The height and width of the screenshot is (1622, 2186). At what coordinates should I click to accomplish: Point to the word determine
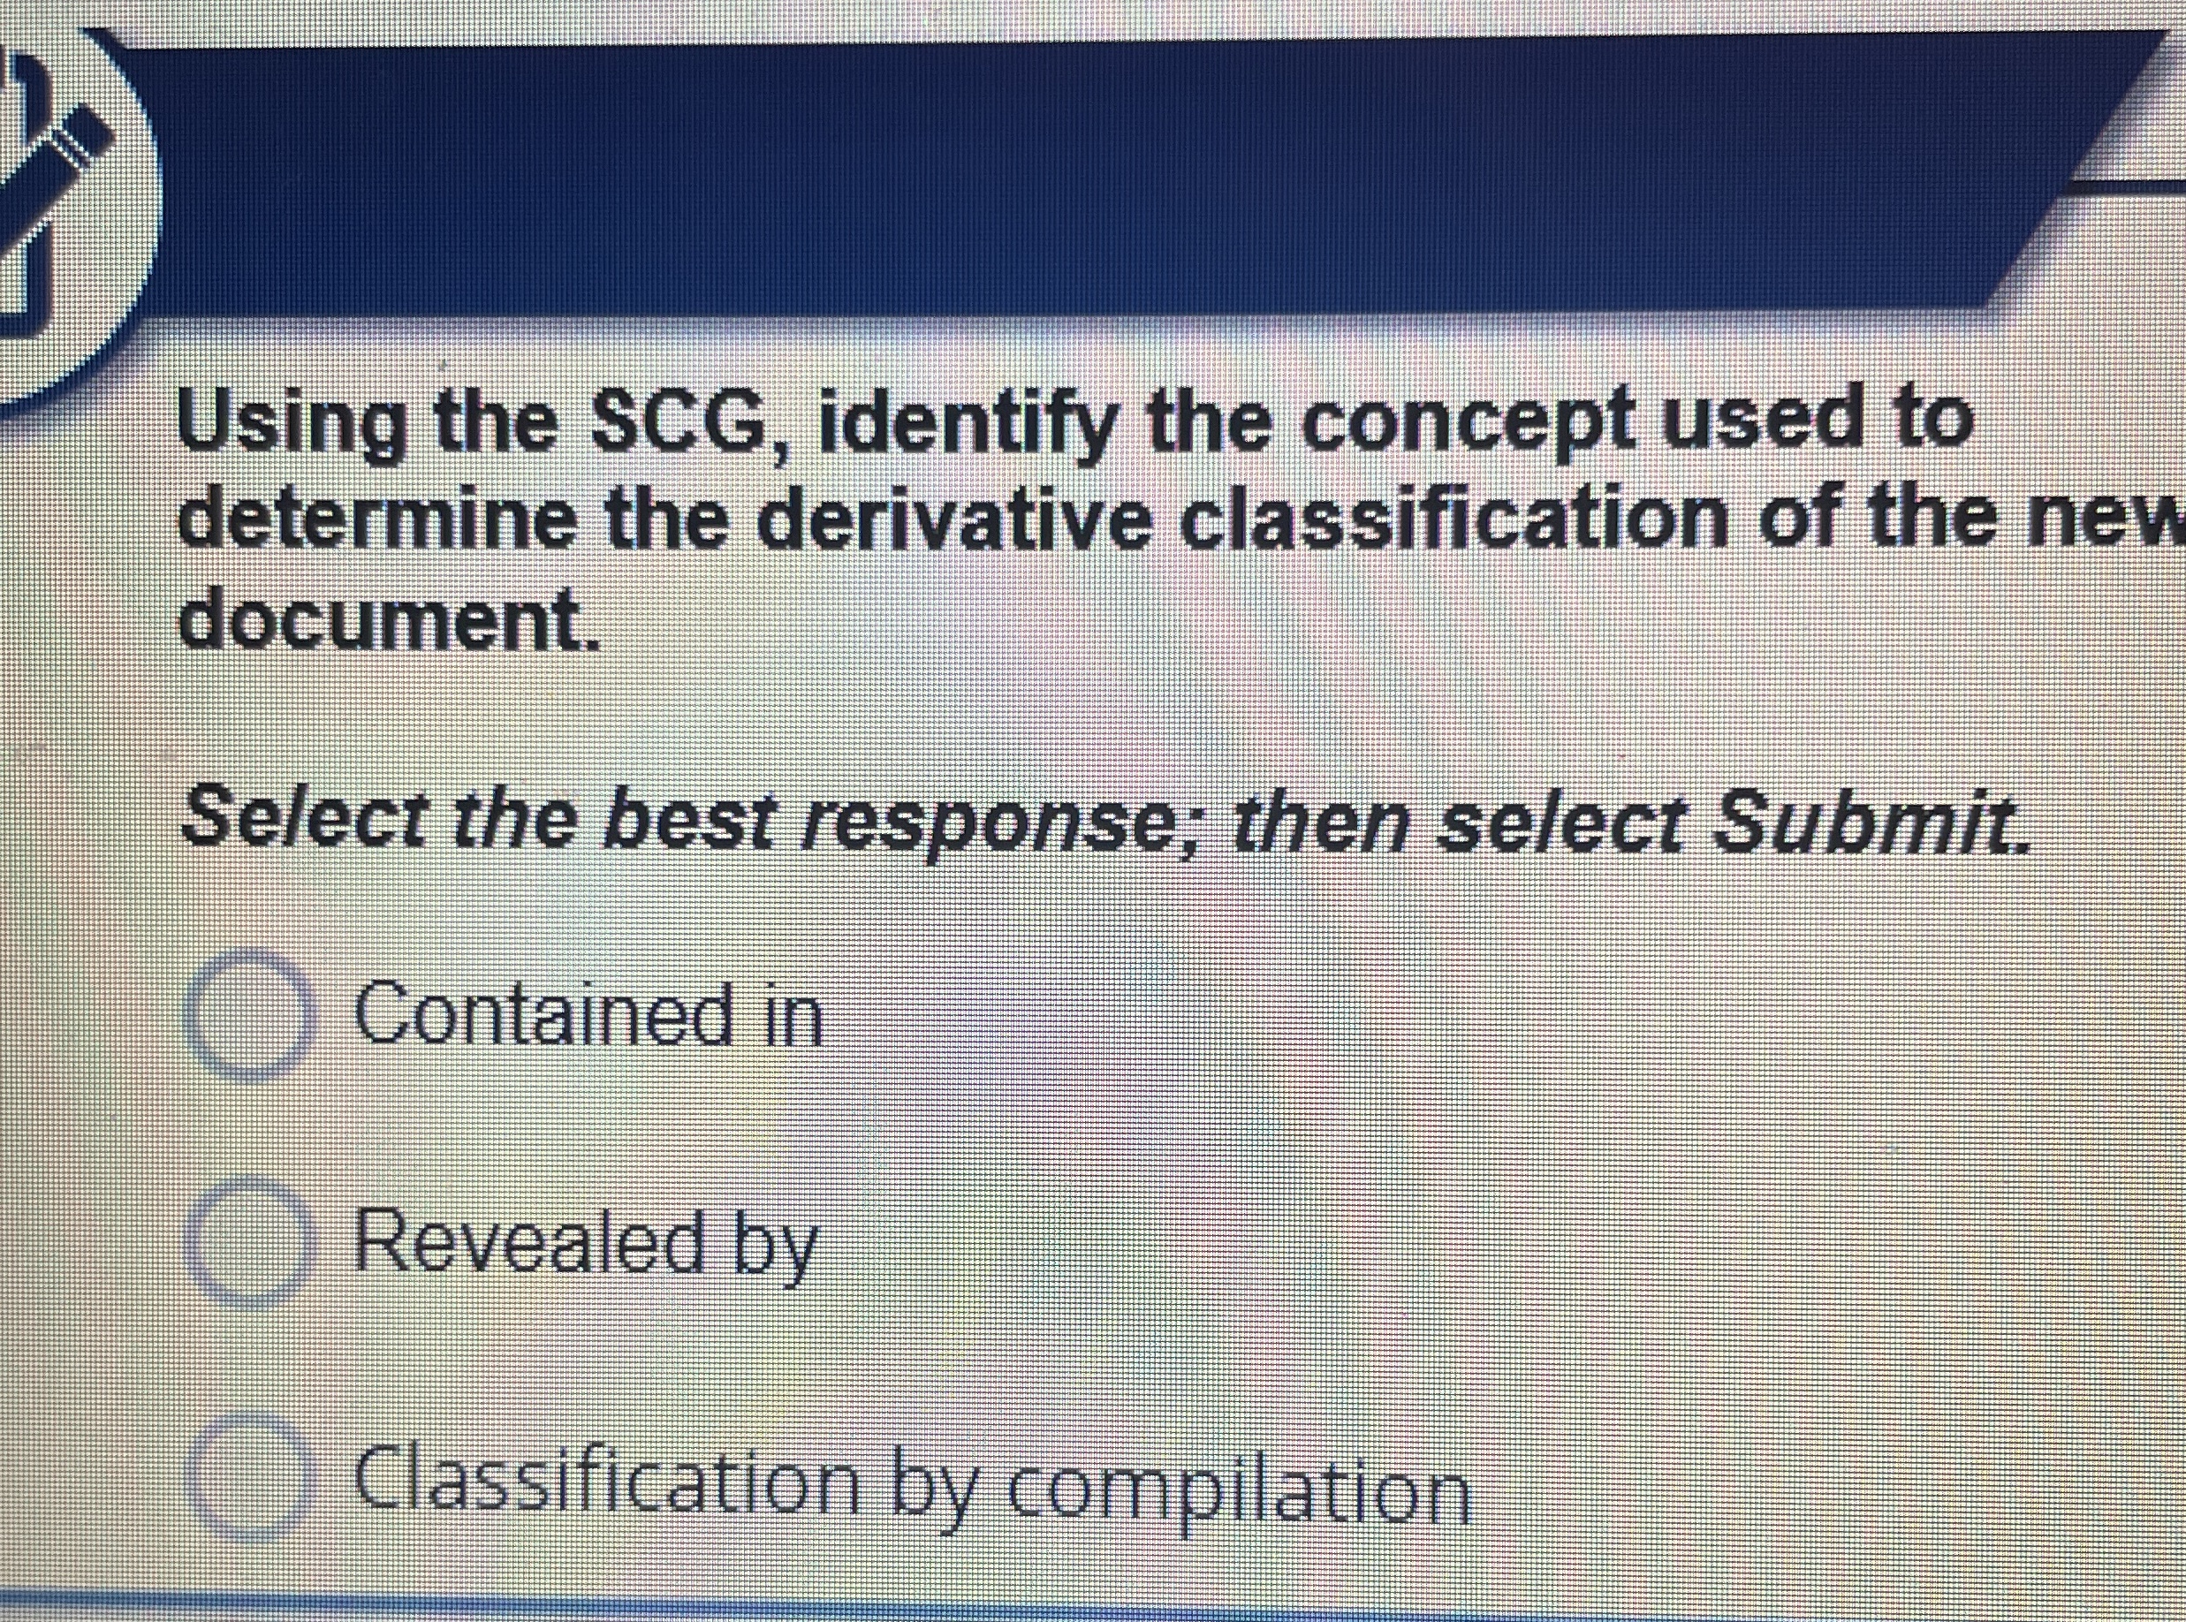click(x=378, y=521)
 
